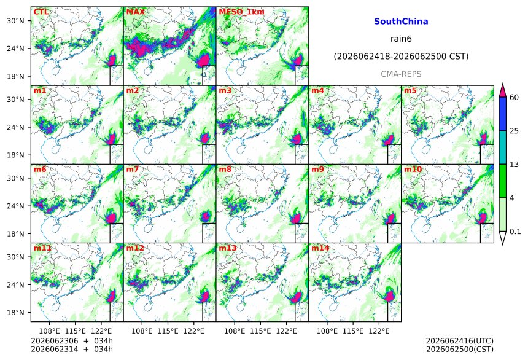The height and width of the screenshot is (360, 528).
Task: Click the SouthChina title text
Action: pos(401,22)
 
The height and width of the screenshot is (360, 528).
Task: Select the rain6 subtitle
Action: pos(401,39)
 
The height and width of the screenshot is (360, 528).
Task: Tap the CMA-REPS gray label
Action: pos(401,74)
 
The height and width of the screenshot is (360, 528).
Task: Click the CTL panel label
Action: pos(41,12)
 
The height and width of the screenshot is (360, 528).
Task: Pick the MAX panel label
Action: pos(135,12)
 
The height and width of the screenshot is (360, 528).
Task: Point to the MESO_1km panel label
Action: pos(241,12)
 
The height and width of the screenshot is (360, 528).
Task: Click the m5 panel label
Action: pos(410,91)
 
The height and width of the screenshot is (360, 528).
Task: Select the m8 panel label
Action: pos(225,169)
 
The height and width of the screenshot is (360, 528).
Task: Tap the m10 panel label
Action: pos(413,169)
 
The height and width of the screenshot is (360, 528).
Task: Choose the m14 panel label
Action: pos(320,248)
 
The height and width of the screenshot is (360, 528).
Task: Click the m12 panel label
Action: pos(134,248)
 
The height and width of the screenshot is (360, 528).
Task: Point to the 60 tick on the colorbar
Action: pos(514,98)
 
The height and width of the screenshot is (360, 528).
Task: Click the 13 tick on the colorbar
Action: pos(514,164)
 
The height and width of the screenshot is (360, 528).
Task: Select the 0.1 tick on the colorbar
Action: pos(515,231)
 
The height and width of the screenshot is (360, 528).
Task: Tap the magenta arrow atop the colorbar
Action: pos(502,90)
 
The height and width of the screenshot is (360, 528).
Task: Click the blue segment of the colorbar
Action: pos(502,114)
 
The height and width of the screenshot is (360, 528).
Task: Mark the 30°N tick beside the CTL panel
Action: pos(15,21)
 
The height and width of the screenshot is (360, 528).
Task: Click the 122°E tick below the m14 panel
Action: pos(379,331)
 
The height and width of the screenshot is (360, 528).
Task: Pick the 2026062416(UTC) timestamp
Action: pos(460,341)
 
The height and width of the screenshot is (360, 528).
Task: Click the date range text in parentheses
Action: pos(401,57)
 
